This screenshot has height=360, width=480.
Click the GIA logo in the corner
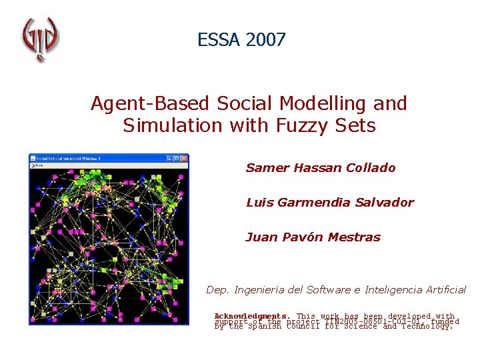(x=40, y=39)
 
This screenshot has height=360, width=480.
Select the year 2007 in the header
(x=265, y=40)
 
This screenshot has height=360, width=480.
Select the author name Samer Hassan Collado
(x=321, y=168)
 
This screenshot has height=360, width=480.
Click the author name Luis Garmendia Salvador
(x=329, y=203)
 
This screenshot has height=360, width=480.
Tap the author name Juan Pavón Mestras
(x=313, y=237)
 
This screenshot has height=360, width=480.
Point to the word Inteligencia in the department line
(x=397, y=290)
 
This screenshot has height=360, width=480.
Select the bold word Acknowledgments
(x=252, y=316)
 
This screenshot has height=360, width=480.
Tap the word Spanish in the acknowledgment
(x=265, y=327)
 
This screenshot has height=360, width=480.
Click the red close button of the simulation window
(x=184, y=159)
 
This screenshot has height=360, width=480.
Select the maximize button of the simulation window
(x=175, y=159)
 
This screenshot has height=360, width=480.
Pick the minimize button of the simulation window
(x=167, y=159)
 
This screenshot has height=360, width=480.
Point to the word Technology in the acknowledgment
(x=428, y=327)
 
